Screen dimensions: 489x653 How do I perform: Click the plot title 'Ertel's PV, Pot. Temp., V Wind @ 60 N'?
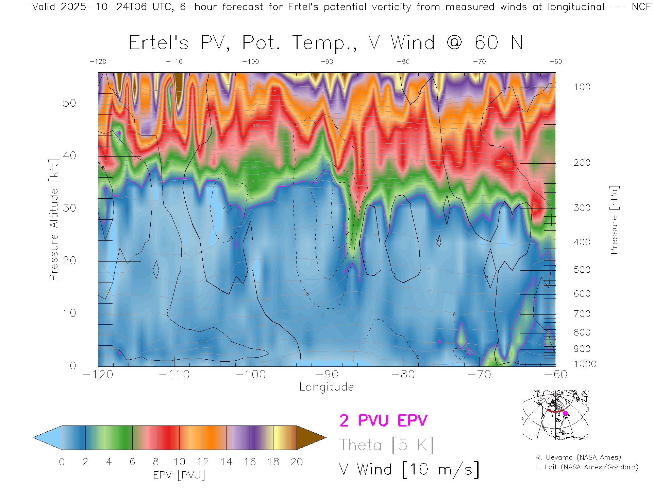326,43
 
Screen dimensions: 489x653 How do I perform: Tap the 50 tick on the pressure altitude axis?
69,103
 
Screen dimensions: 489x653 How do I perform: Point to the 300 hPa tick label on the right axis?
582,208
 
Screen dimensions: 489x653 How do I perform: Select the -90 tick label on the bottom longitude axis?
326,375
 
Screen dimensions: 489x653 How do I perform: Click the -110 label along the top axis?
174,62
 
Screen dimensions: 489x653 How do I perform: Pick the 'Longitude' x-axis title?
326,387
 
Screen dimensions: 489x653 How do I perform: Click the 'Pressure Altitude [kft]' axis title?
54,220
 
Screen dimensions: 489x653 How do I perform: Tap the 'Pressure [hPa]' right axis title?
614,220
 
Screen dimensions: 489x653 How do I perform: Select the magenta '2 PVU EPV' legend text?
383,420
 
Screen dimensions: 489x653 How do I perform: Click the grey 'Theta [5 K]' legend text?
386,445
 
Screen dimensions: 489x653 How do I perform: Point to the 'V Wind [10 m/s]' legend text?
409,470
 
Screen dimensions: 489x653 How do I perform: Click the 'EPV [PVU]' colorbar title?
179,475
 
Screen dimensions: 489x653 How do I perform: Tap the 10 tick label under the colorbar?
179,462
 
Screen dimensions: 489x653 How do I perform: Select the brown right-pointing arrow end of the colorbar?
311,438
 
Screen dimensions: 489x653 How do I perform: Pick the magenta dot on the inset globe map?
566,413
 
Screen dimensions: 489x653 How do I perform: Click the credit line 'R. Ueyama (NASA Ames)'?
578,457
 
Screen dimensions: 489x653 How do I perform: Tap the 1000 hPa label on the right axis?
585,364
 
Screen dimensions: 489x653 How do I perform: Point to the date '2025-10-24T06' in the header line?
104,7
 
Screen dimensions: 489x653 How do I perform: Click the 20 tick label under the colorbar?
297,462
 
